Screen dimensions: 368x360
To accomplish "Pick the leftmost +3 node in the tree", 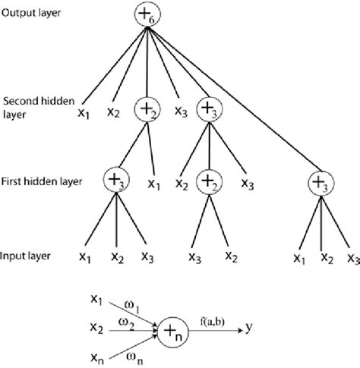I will (x=115, y=181).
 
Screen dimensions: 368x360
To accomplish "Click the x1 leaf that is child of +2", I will (x=155, y=183).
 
